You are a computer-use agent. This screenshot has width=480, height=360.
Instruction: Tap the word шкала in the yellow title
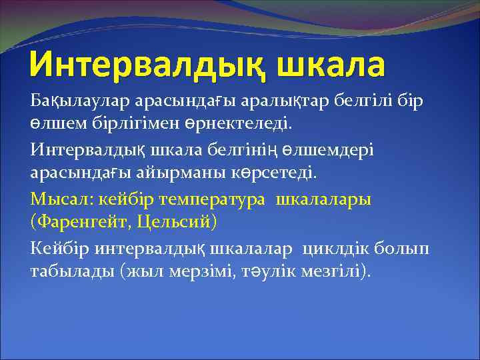tap(327, 65)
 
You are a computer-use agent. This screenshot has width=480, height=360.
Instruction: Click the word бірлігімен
tap(137, 124)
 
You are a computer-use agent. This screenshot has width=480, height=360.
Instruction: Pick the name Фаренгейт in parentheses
tap(80, 222)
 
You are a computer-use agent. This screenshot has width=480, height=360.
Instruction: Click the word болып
tap(399, 249)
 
